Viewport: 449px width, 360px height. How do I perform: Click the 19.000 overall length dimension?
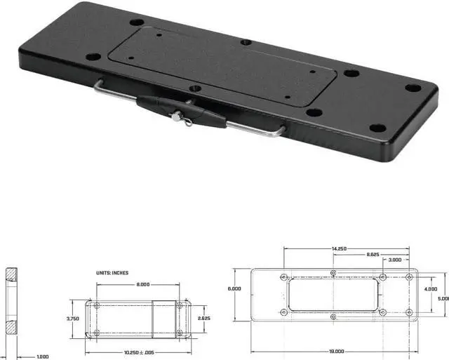click(x=336, y=351)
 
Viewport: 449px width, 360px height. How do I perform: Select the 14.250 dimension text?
click(x=339, y=248)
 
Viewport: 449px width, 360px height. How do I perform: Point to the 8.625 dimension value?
click(x=373, y=254)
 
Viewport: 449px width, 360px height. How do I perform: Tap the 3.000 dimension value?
click(x=395, y=260)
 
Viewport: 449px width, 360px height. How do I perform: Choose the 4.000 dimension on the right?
click(x=429, y=288)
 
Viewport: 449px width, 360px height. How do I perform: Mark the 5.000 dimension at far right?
click(x=442, y=298)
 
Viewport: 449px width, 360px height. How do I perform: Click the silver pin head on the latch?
click(x=175, y=119)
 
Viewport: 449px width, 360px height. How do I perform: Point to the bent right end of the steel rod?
click(x=281, y=131)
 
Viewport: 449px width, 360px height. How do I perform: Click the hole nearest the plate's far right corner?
click(x=413, y=88)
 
